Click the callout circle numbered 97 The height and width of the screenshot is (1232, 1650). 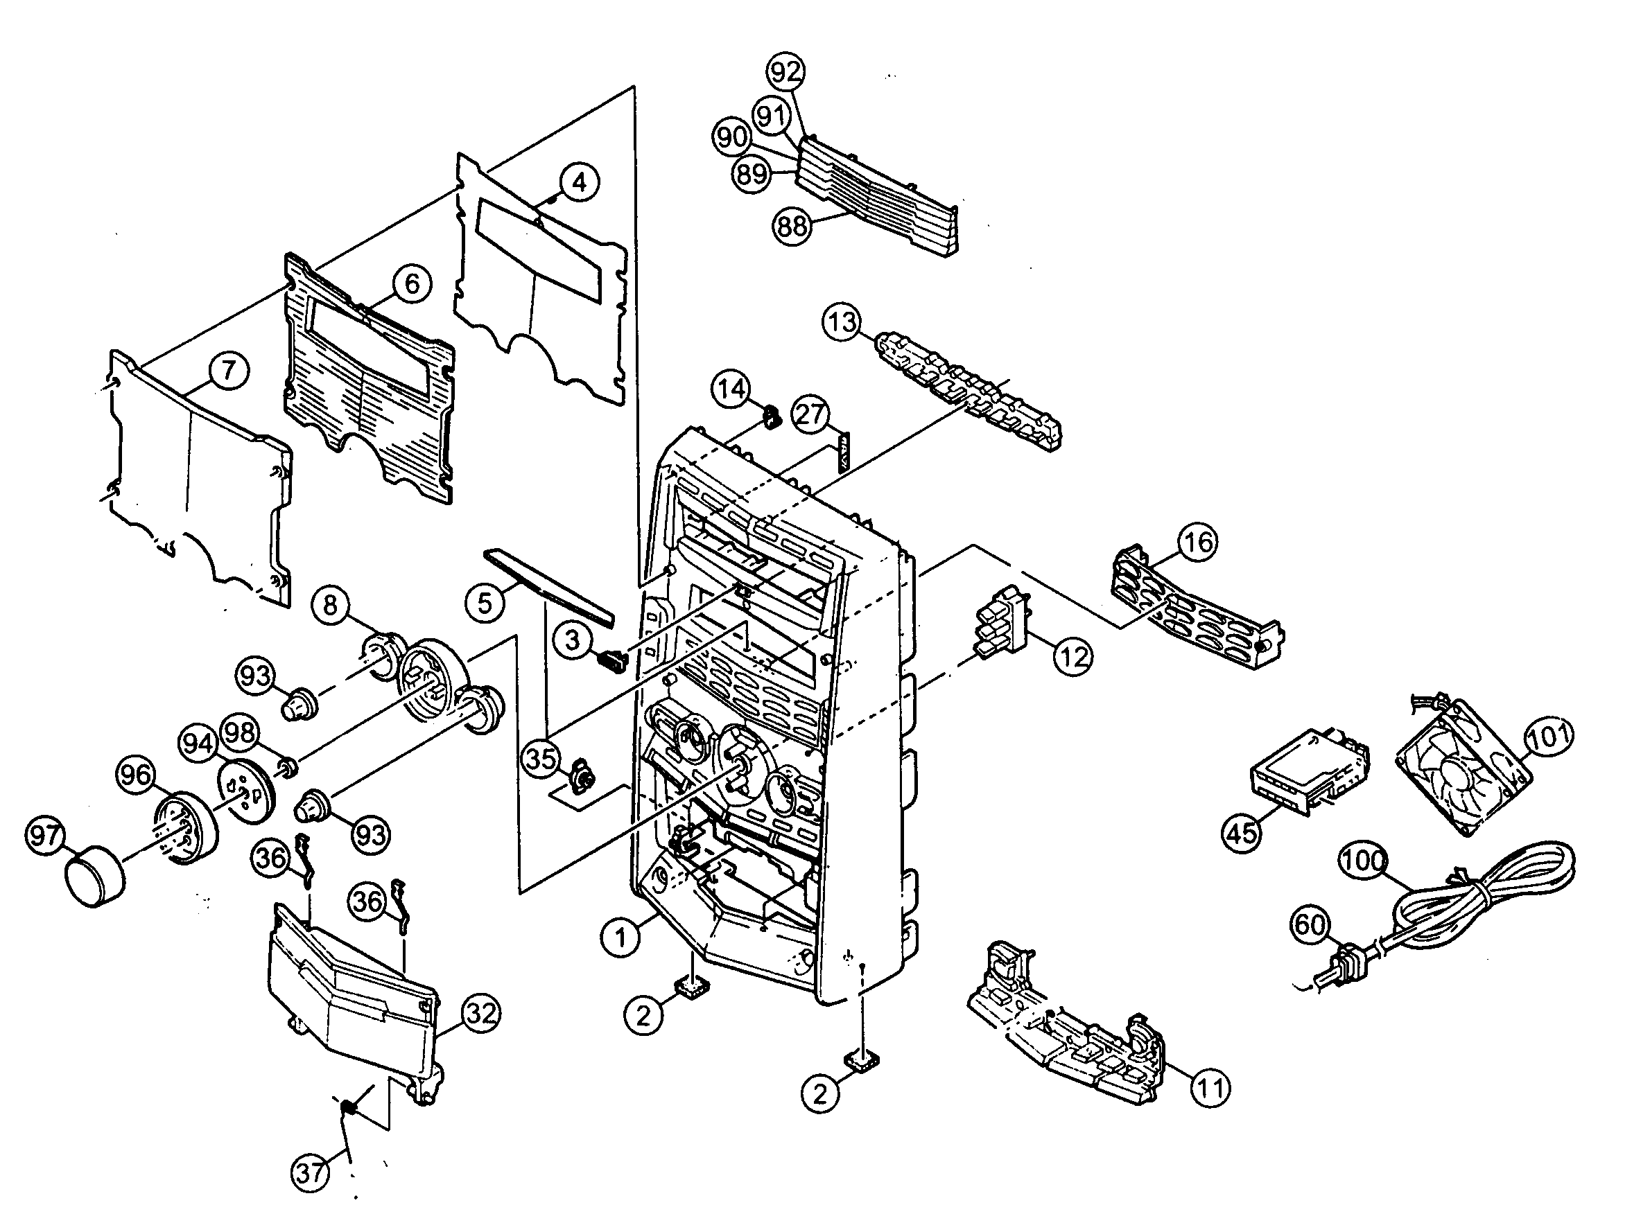(46, 836)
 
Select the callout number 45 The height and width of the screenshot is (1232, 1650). (1242, 831)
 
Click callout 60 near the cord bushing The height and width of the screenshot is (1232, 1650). (1310, 926)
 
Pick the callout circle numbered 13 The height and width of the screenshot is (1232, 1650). (843, 323)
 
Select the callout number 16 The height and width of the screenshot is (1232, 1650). (1198, 542)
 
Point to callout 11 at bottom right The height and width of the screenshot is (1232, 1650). (1210, 1089)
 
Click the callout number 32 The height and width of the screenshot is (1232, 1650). (481, 1014)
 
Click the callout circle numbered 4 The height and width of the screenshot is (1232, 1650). (580, 182)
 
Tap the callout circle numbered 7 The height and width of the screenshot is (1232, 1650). (228, 371)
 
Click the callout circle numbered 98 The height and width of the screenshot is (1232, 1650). (240, 732)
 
